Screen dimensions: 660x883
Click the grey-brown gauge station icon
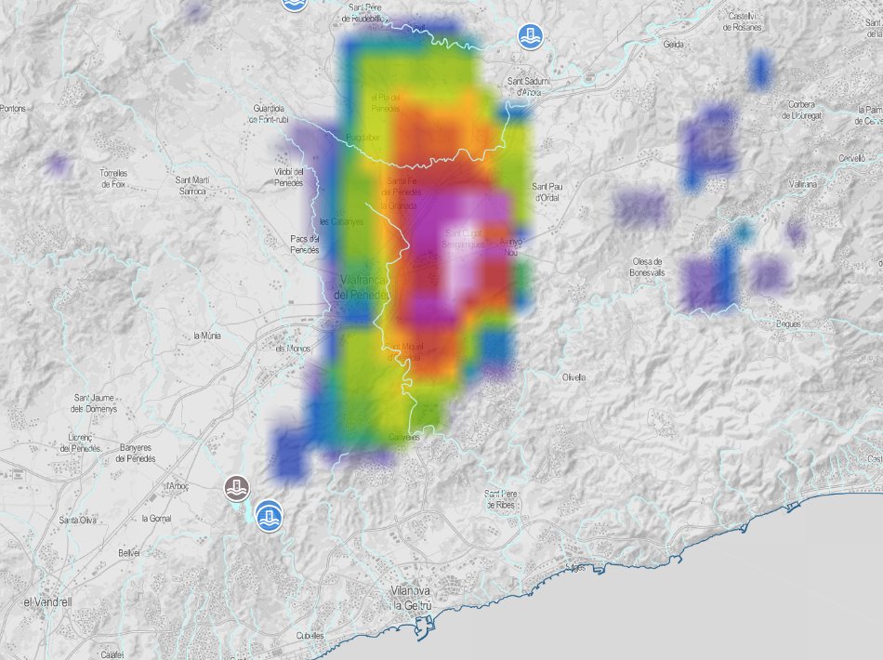coord(238,486)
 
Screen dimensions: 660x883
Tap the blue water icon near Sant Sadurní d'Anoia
coord(530,37)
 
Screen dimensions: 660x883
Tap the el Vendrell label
coord(46,601)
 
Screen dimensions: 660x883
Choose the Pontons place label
coord(13,109)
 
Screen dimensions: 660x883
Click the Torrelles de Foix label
coord(112,178)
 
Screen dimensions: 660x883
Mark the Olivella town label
coord(574,377)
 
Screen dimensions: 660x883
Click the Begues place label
coord(788,324)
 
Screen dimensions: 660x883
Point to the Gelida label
coord(674,44)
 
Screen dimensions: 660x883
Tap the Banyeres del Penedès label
coord(137,454)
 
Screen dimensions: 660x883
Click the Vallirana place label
coord(800,184)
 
